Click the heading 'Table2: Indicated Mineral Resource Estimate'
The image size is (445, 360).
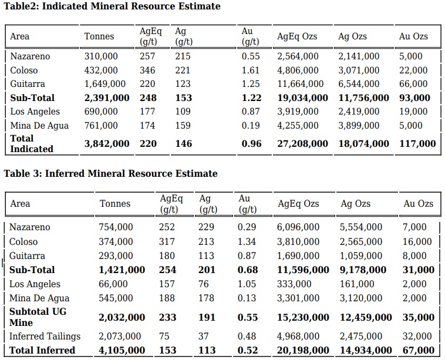coord(112,6)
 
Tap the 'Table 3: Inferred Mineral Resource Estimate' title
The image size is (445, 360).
coord(110,173)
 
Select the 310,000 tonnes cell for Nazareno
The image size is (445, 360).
coord(101,56)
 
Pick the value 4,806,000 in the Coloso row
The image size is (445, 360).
coord(298,70)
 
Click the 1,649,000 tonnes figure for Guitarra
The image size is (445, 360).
coord(104,84)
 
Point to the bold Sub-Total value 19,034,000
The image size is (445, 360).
coord(302,97)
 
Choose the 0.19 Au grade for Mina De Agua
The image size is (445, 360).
coord(251,125)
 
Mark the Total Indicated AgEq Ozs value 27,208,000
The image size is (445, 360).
coord(302,144)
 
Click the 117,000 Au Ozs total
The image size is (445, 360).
coord(417,144)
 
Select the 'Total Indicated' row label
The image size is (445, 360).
coord(32,144)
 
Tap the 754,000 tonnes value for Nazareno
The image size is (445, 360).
coord(116,227)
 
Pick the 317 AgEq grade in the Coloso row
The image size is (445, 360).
coord(167,241)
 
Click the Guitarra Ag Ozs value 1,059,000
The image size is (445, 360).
coord(361,256)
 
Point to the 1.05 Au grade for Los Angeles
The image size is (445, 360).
coord(247,284)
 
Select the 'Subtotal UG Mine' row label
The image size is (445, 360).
coord(38,317)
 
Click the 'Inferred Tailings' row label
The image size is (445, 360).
coord(45,336)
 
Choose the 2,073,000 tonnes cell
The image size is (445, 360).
coord(120,336)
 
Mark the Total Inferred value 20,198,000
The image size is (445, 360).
coord(303,350)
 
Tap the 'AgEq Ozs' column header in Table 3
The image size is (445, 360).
coord(298,204)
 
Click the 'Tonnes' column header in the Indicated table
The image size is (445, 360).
coord(99,36)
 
